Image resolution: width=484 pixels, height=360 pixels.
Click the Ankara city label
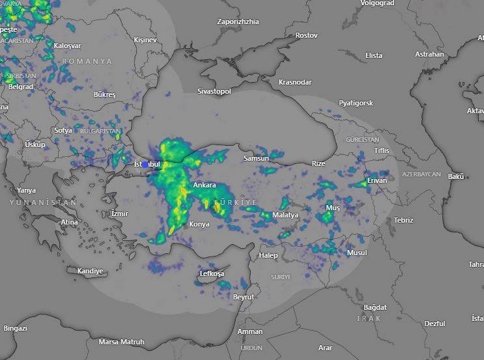(x=204, y=186)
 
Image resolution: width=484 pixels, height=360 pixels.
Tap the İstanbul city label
(x=147, y=165)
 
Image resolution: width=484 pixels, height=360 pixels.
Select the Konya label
(x=199, y=224)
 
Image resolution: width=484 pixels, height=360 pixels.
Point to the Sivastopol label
(x=214, y=92)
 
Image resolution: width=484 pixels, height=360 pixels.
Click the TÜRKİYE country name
(x=236, y=202)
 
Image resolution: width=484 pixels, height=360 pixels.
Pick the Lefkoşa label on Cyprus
(x=212, y=273)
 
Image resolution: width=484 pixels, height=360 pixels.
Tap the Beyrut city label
(x=244, y=297)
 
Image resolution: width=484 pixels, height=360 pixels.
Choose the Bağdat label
(x=375, y=307)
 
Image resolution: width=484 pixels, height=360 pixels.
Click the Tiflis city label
(x=381, y=150)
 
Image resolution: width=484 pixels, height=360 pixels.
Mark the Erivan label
(x=377, y=180)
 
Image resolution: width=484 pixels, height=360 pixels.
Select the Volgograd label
(x=377, y=3)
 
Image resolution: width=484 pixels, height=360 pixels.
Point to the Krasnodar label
(x=294, y=82)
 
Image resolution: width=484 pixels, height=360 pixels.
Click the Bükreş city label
(x=104, y=95)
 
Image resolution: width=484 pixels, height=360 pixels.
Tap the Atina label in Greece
(x=69, y=222)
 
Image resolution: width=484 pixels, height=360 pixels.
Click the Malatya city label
(x=285, y=215)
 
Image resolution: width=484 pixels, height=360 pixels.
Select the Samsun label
(x=256, y=158)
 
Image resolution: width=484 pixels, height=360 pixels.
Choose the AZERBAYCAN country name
(x=421, y=174)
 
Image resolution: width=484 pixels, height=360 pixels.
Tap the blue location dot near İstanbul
(x=145, y=164)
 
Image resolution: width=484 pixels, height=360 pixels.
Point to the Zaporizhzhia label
(x=238, y=21)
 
